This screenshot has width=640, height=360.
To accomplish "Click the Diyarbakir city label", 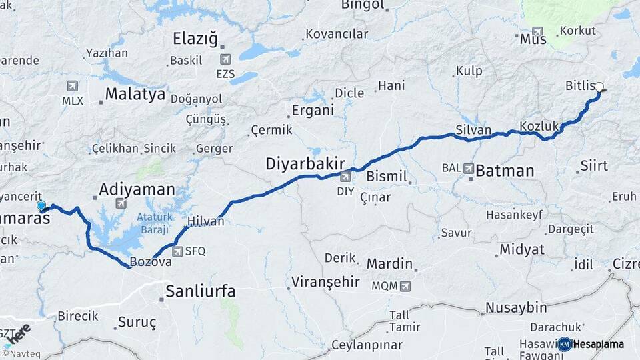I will click(x=305, y=163).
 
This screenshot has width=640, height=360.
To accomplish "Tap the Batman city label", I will click(x=505, y=171).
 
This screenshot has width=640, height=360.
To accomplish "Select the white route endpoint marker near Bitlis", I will click(x=599, y=87).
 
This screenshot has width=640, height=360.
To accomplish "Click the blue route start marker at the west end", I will click(x=41, y=206).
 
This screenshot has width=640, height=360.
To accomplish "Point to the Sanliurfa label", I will click(x=200, y=291).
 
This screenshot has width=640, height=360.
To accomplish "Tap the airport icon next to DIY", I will click(x=345, y=177).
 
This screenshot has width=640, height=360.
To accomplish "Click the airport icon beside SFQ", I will click(x=177, y=251).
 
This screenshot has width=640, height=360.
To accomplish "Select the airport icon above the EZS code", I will click(x=225, y=59).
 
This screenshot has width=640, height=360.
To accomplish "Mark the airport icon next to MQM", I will click(x=405, y=286).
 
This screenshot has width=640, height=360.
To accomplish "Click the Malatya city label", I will click(x=135, y=94).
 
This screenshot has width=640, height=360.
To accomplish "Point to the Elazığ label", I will click(x=195, y=39).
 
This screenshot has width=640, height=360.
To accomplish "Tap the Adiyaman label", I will click(x=137, y=189).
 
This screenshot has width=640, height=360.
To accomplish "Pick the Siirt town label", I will click(x=594, y=165).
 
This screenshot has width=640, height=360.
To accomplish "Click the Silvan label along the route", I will click(x=473, y=129).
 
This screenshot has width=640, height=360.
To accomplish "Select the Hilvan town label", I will click(x=206, y=221).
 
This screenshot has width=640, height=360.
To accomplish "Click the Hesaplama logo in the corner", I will click(x=591, y=344).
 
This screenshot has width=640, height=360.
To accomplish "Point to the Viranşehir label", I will click(x=325, y=283).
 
